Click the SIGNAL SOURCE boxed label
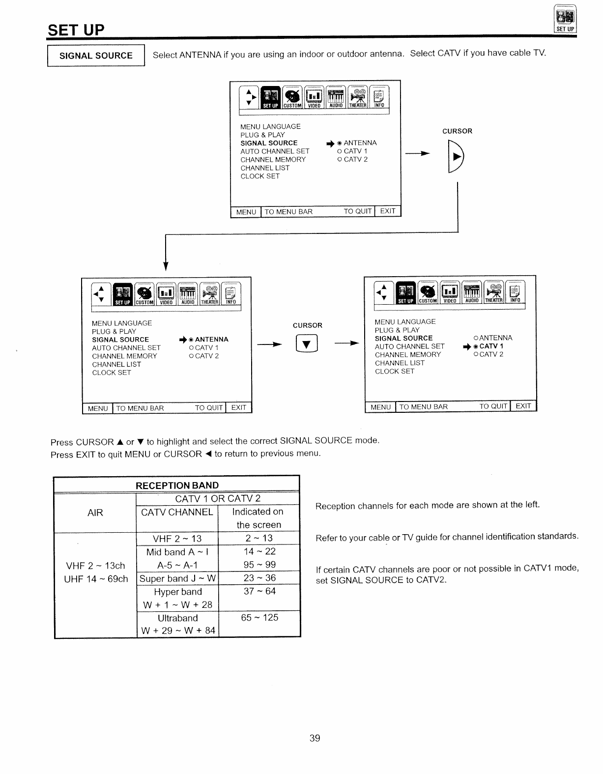tap(96, 56)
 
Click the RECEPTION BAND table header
tap(177, 486)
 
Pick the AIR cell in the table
tap(95, 513)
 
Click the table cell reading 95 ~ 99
tap(259, 565)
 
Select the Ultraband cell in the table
tap(177, 618)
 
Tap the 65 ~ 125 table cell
tap(259, 617)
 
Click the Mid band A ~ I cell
tap(177, 552)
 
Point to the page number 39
tap(315, 738)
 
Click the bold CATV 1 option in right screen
tap(491, 346)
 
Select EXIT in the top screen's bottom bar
tap(388, 211)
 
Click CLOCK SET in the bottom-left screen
tap(112, 373)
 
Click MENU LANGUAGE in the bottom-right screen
tap(405, 322)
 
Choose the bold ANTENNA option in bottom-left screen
tap(211, 340)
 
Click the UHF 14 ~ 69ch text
tap(96, 579)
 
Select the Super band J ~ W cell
tap(177, 578)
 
